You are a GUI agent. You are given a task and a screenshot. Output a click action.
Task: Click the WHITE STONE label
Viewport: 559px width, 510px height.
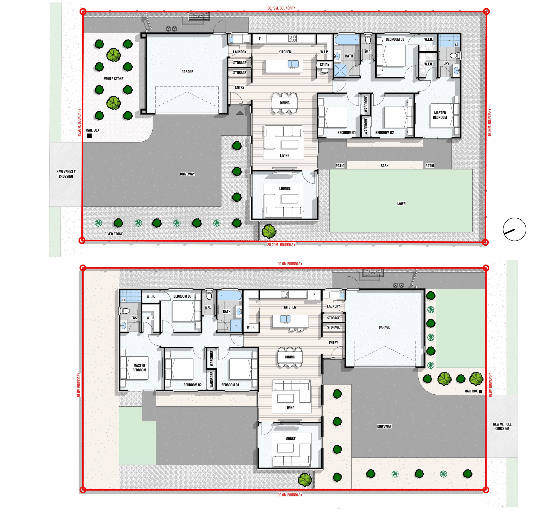114,79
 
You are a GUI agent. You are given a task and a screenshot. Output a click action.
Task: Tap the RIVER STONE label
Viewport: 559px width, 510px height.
114,234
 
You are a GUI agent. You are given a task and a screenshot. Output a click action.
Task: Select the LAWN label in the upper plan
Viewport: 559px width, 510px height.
401,203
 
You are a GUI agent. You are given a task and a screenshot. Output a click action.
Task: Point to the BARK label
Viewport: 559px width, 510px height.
385,166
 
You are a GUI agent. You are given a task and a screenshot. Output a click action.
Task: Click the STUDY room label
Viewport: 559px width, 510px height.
325,65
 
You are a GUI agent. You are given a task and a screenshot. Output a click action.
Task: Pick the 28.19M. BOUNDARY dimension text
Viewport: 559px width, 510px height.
281,8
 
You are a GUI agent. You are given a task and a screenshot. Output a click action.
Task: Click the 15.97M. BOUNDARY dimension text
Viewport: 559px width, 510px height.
79,122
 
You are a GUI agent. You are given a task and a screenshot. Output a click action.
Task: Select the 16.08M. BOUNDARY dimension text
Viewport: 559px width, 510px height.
489,122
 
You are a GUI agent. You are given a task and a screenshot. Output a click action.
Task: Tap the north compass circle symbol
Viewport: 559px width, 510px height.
515,229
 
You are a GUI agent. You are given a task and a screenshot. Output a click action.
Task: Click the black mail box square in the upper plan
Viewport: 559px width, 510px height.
90,136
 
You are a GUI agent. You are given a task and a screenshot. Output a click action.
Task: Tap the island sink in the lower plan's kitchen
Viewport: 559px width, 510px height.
285,319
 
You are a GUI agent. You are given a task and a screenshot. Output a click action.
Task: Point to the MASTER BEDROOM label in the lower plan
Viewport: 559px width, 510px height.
139,368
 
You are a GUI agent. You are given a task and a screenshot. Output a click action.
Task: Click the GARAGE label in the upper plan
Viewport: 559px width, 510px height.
187,72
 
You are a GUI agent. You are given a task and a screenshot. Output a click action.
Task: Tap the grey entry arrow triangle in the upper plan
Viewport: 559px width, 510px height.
240,113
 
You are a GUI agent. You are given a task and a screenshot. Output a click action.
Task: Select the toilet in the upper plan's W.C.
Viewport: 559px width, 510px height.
368,40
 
